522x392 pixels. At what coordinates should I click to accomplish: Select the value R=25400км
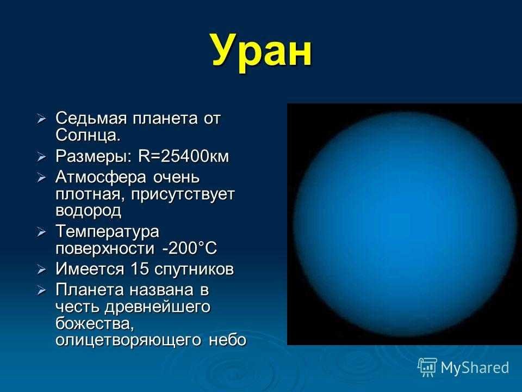tap(184, 156)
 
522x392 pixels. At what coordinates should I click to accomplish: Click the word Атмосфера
tap(101, 177)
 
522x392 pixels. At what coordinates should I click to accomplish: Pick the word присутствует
tap(183, 195)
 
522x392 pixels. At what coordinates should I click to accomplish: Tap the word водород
tap(88, 211)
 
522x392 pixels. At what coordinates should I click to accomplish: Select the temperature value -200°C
tap(189, 248)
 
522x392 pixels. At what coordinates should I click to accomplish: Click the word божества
tap(95, 323)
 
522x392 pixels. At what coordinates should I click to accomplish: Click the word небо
tap(228, 340)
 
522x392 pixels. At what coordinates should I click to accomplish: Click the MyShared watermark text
tap(475, 367)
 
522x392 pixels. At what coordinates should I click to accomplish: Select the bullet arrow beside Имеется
tap(41, 269)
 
